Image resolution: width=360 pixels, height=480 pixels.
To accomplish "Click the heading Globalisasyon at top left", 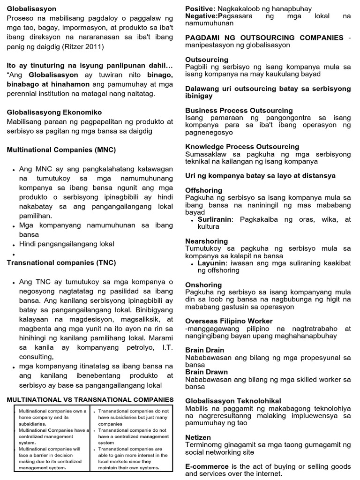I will [31, 9].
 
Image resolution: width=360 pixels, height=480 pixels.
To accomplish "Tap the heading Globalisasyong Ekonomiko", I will [54, 112].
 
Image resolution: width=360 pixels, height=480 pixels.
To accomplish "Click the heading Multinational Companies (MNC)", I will [61, 150].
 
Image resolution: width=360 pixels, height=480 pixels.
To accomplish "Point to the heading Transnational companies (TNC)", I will [61, 262].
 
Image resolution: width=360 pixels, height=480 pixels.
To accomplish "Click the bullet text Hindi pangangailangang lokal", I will [67, 244].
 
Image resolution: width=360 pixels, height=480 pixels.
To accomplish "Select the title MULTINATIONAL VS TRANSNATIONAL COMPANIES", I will [90, 399].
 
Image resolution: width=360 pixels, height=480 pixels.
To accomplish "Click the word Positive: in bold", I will [201, 9].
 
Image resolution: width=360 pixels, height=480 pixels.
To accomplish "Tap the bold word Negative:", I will [203, 16].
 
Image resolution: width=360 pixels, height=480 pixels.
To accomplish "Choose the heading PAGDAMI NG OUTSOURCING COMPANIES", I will [264, 37].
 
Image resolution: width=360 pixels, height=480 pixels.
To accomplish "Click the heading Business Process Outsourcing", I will [239, 110].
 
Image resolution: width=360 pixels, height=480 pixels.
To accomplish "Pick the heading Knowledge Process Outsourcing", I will [242, 146].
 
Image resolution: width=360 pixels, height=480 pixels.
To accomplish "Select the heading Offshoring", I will [204, 190].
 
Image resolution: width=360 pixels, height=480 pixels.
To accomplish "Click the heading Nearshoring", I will [206, 241].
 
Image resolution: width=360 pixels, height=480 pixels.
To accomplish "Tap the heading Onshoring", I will [203, 285].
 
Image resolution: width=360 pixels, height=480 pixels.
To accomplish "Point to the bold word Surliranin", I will [214, 219].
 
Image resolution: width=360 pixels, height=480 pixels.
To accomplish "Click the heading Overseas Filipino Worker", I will [229, 321].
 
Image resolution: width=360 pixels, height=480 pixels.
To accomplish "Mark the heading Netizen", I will [198, 437].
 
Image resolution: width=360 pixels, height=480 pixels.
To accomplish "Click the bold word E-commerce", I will [207, 466].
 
